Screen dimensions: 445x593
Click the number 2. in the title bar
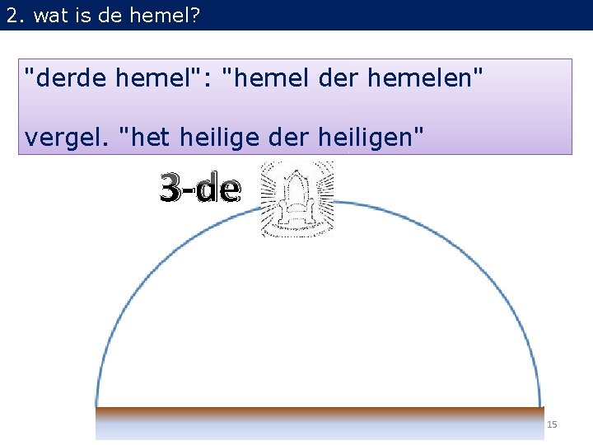pyautogui.click(x=15, y=15)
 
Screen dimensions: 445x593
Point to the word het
pyautogui.click(x=148, y=137)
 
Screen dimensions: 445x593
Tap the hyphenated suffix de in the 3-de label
pyautogui.click(x=221, y=190)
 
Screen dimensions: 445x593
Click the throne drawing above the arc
pyautogui.click(x=296, y=199)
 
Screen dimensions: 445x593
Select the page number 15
pyautogui.click(x=552, y=424)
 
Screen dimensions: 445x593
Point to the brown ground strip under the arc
pyautogui.click(x=320, y=410)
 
